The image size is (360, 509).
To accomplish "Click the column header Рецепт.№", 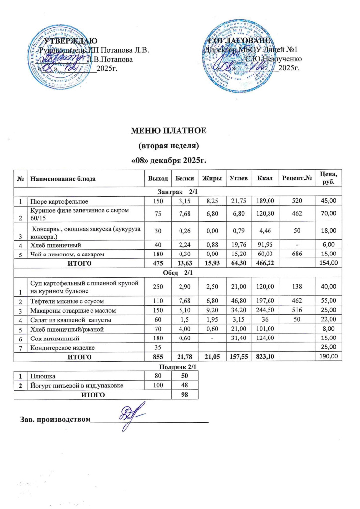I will (x=296, y=178).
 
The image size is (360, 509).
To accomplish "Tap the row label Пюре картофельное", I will (x=58, y=201).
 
